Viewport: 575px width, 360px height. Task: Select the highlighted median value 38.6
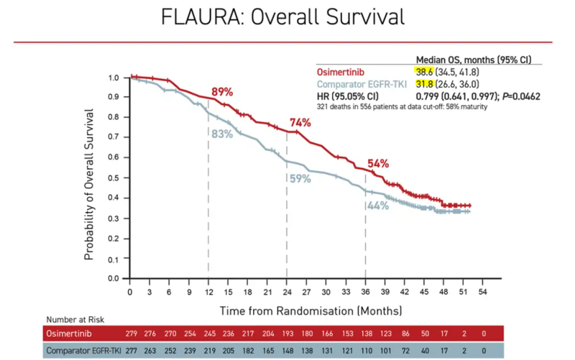(427, 72)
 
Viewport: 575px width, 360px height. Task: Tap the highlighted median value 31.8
(427, 84)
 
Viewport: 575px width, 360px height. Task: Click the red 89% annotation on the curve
(222, 91)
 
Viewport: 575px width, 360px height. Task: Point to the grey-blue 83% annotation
(222, 134)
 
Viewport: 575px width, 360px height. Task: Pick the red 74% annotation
(300, 122)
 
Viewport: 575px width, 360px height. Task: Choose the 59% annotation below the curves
(300, 177)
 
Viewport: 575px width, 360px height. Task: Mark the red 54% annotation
(378, 164)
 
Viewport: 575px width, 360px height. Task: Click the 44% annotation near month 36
(378, 206)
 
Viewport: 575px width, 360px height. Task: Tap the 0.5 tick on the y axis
(113, 177)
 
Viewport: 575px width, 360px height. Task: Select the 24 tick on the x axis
(287, 292)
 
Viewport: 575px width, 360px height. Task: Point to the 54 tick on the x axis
(483, 292)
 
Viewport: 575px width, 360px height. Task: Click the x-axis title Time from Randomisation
(287, 310)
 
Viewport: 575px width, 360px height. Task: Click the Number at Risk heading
(77, 319)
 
